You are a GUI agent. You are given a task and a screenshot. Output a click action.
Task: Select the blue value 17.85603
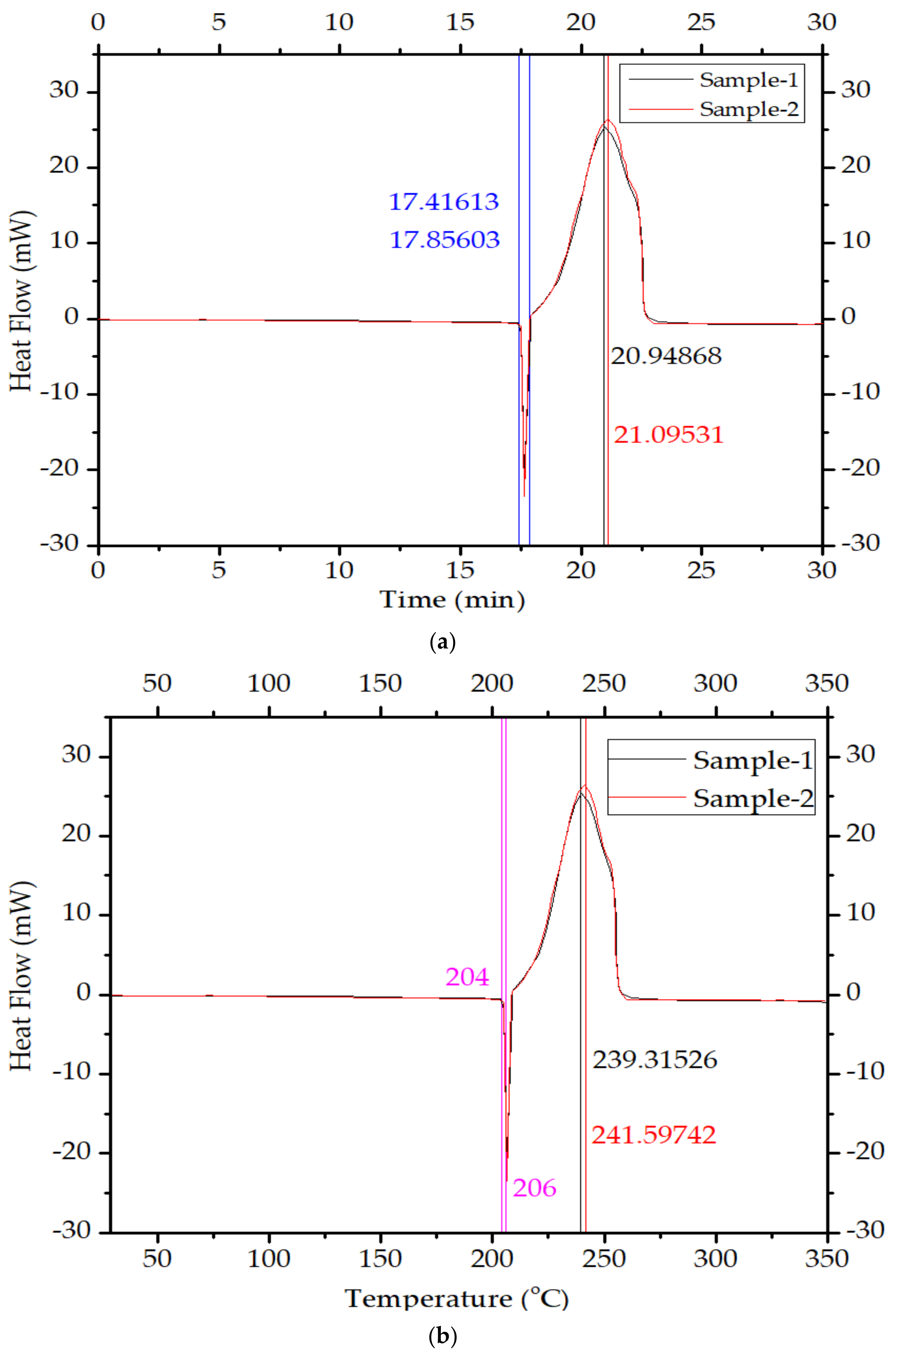pos(444,239)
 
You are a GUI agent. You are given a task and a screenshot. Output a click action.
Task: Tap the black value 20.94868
pos(666,356)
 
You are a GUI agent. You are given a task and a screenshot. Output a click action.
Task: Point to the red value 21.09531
pos(668,435)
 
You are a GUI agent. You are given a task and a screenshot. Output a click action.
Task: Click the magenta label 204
pos(467,977)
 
